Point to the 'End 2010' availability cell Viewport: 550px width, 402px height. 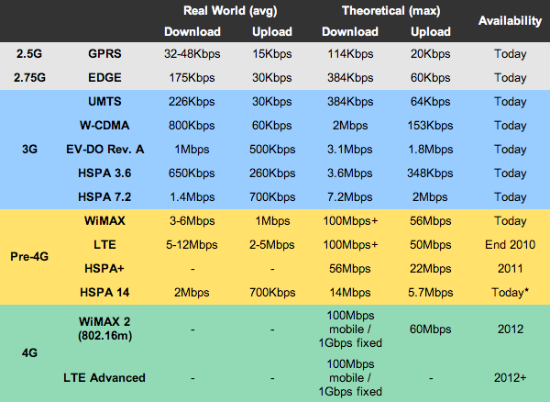coord(510,245)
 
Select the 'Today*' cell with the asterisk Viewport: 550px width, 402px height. coord(510,292)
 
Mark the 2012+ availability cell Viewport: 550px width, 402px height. coord(510,377)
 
